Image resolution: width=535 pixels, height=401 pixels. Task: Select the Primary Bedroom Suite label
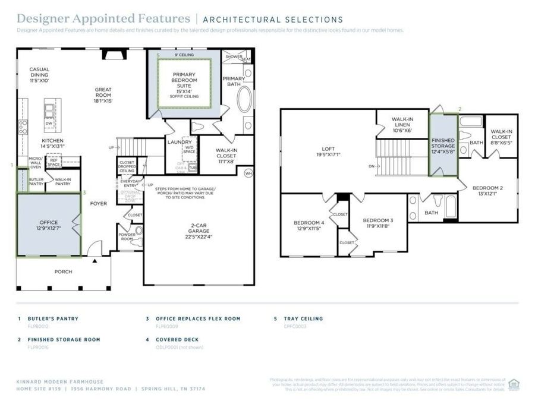point(184,83)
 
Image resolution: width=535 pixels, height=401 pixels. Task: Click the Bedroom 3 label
point(378,223)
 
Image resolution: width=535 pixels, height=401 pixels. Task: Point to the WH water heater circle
point(248,173)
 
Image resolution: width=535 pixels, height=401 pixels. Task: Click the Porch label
point(63,271)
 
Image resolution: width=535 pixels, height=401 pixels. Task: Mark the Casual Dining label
point(39,75)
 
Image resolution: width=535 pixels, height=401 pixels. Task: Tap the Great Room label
point(103,96)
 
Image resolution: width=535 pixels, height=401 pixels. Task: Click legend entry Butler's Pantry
point(52,318)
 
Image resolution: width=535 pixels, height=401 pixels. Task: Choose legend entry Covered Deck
point(177,339)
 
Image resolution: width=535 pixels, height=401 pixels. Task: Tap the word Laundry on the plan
point(180,143)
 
